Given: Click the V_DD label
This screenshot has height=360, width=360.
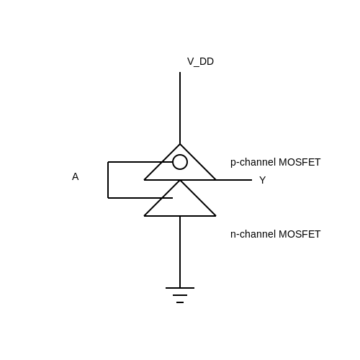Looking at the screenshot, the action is coord(200,62).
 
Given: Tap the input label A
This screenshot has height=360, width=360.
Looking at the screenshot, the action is coord(76,176).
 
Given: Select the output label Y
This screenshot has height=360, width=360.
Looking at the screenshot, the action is coord(263,180).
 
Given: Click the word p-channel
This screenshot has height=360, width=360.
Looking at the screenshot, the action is coord(253,163).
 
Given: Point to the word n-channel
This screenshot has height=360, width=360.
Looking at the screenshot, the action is coord(253,235).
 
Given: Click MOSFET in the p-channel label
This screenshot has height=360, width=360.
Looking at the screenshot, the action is coord(300,163).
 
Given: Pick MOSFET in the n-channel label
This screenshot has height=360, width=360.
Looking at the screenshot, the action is coord(300,235).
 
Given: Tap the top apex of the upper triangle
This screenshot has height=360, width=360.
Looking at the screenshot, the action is coord(180,144).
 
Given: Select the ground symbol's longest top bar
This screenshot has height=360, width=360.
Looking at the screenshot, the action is coord(180,288).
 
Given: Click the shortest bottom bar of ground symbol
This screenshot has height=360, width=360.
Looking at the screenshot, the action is coord(180,302).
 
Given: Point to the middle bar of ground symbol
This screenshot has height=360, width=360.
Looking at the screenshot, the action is coord(180,295).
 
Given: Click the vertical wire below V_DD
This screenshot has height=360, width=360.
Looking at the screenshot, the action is coord(180,108).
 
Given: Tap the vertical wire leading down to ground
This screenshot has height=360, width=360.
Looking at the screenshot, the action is coord(180,252).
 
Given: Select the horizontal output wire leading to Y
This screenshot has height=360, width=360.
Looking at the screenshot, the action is coord(234,180).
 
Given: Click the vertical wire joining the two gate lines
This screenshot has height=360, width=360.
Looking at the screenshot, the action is coord(108,180).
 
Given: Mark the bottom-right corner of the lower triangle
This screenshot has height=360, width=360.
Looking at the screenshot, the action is coord(216,216).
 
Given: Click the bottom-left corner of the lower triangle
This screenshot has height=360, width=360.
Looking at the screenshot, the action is coord(144,216).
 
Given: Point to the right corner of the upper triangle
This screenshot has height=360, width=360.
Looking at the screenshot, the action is coord(216,179).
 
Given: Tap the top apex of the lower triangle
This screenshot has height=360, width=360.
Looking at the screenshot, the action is coord(180,181).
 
